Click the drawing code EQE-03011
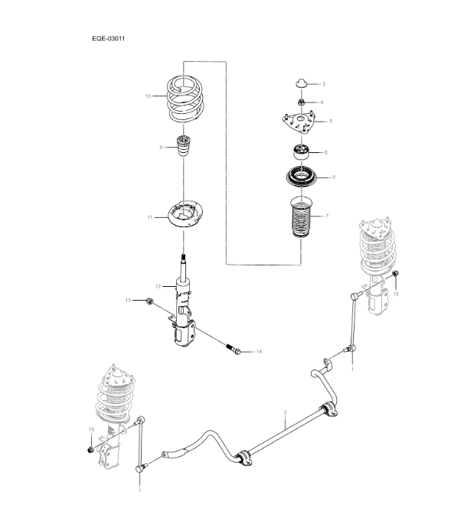pyautogui.click(x=108, y=36)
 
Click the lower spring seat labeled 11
pyautogui.click(x=183, y=216)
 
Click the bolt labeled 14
pyautogui.click(x=235, y=351)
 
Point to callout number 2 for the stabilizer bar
pyautogui.click(x=285, y=413)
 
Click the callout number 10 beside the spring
pyautogui.click(x=149, y=96)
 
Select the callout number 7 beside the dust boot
pyautogui.click(x=327, y=216)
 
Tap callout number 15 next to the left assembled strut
pyautogui.click(x=90, y=430)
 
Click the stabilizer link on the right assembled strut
pyautogui.click(x=352, y=321)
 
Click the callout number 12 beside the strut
pyautogui.click(x=157, y=286)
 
